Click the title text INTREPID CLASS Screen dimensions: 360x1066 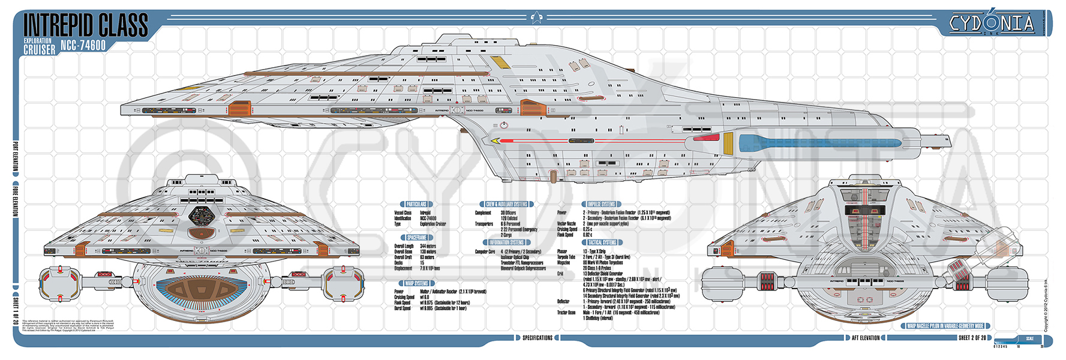tap(85, 26)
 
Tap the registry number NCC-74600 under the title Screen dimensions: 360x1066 tap(83, 46)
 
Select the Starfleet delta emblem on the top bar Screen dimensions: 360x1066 tap(536, 17)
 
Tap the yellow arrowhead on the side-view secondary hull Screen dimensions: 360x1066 tap(496, 141)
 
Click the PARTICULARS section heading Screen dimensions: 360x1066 tap(416, 204)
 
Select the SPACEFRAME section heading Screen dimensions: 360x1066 tap(416, 238)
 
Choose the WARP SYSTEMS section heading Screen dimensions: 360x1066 tap(416, 283)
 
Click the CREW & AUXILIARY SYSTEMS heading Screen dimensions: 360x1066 tap(506, 204)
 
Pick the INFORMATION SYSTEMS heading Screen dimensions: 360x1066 tap(506, 242)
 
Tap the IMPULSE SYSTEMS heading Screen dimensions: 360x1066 tap(601, 204)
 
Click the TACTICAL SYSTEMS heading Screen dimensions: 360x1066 tap(602, 242)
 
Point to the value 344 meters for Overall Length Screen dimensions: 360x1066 tap(428, 246)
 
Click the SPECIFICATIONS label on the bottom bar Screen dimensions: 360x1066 tap(537, 338)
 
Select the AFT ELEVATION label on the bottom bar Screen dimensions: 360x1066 tap(866, 338)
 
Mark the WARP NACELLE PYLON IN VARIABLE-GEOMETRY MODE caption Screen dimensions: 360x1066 tap(945, 326)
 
